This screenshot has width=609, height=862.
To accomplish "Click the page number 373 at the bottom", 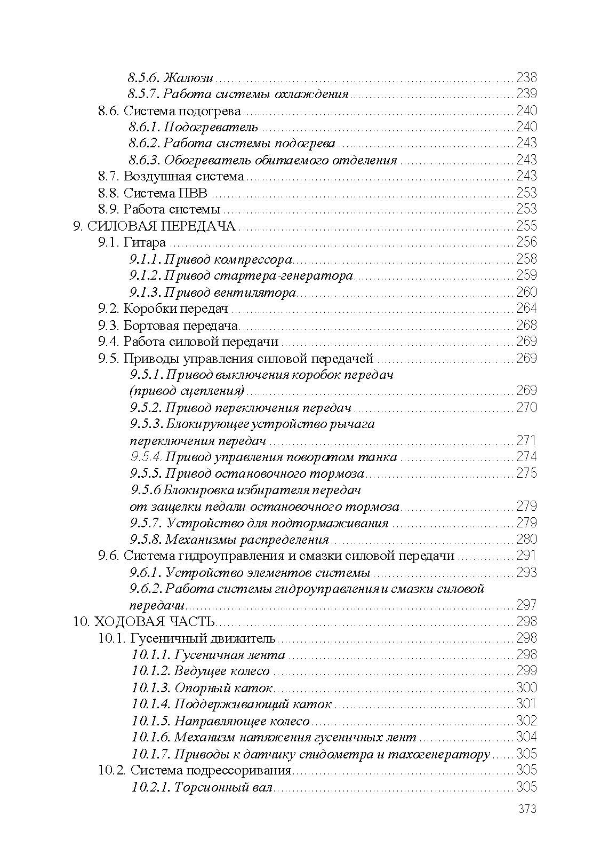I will coord(526,809).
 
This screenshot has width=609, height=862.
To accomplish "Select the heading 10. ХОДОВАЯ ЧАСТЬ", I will coord(145,622).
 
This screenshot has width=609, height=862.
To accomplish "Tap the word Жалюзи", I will coord(188,77).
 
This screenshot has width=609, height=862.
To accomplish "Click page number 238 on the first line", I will coord(526,77).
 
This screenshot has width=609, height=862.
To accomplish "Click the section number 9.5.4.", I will coord(146,457).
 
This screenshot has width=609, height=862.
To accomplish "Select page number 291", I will coord(526,556).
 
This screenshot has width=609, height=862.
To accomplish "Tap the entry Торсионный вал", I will coord(223,787).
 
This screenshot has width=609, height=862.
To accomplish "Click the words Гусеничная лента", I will coord(229,655).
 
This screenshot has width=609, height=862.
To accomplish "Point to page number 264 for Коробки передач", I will coord(526,309).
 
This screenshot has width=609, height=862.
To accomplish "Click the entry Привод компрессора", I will coord(228,259).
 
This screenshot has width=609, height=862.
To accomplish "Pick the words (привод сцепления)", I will coord(187,391).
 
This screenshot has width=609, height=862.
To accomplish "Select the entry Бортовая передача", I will coord(180,325).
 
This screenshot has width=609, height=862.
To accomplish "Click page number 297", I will coord(526,605).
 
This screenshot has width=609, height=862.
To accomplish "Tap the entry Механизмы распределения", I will coord(246,540).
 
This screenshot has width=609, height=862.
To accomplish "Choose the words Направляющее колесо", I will coord(242,721).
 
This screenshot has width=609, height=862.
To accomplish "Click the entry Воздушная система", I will coord(183,176).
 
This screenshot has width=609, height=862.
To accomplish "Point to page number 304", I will coord(526,737).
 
